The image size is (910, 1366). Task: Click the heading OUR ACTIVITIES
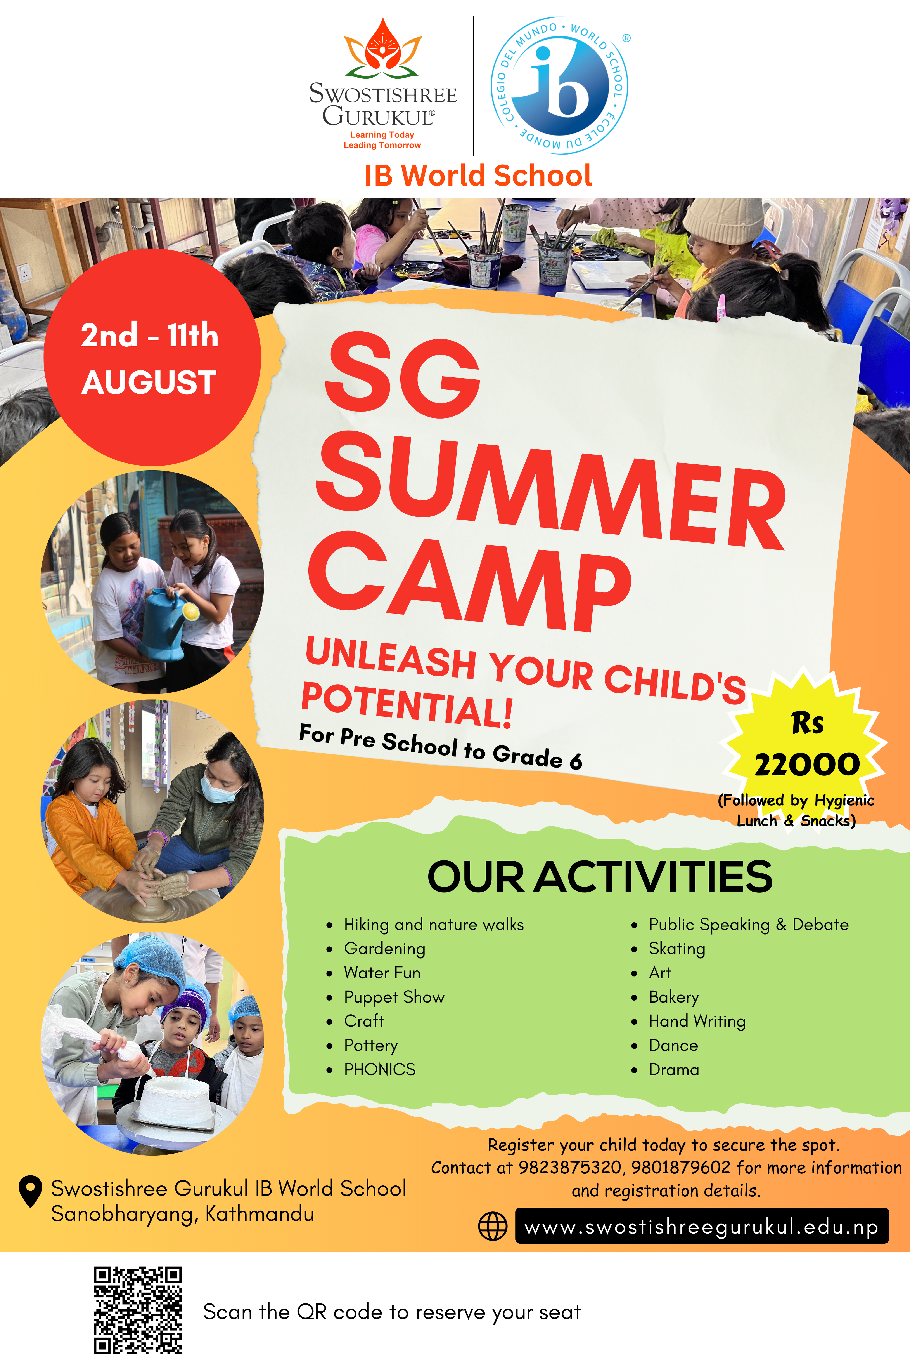click(x=600, y=877)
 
